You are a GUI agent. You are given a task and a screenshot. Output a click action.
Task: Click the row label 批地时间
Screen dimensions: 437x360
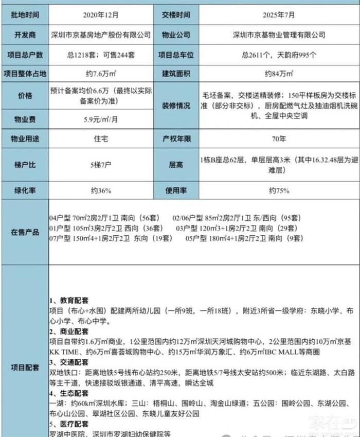point(25,15)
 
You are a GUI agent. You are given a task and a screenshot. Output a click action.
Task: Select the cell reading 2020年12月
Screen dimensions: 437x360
point(101,15)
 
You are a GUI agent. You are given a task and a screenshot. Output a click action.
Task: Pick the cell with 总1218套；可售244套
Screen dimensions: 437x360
point(101,55)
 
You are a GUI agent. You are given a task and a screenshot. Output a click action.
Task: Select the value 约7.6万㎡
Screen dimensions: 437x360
point(101,74)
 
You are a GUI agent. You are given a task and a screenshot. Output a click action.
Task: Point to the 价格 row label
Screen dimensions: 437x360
point(25,96)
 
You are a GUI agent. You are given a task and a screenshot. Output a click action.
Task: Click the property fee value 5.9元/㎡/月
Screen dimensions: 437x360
point(101,119)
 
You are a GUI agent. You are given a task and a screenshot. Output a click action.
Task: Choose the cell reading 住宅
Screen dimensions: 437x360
point(101,139)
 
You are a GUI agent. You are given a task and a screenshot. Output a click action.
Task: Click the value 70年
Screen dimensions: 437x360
point(280,139)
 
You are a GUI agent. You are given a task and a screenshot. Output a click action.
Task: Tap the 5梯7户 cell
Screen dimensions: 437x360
point(101,165)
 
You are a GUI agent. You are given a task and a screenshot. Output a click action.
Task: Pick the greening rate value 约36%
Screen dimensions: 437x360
point(101,190)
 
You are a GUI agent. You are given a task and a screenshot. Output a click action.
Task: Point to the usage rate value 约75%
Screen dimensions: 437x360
point(279,190)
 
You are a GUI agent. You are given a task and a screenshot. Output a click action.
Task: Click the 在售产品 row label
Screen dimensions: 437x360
point(25,232)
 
